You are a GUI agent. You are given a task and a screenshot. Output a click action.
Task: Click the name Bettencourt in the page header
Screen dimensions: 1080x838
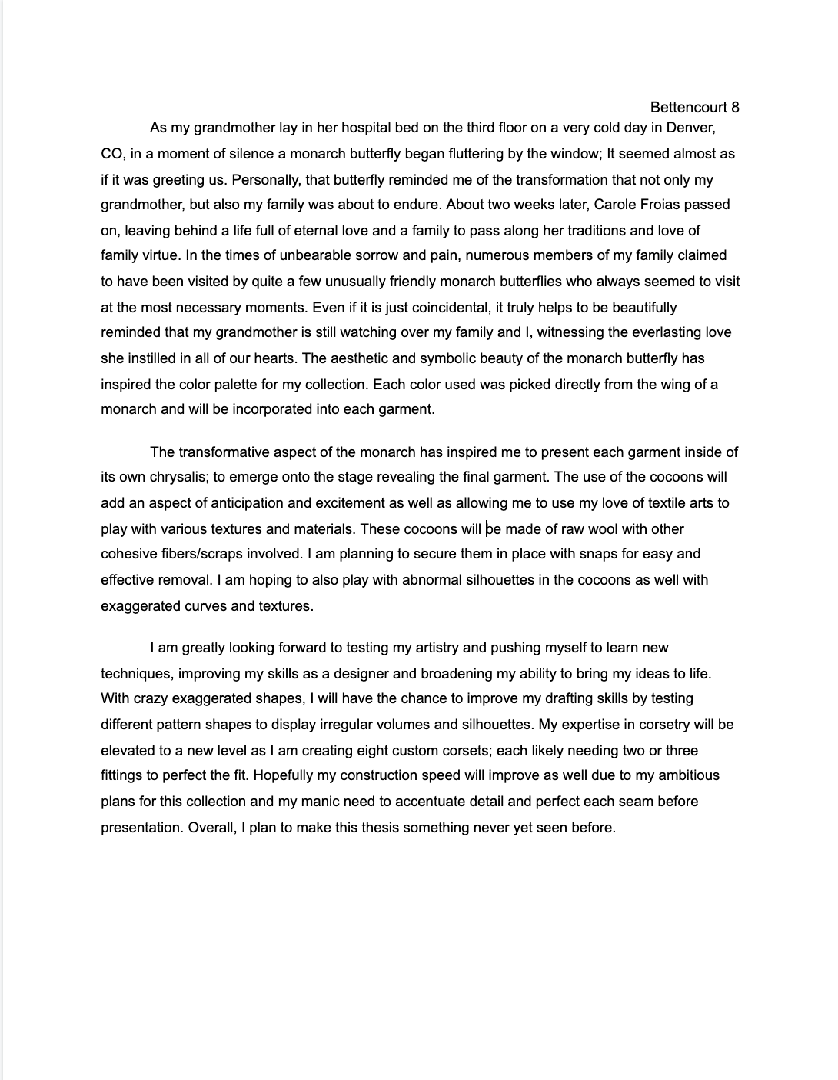[x=686, y=108]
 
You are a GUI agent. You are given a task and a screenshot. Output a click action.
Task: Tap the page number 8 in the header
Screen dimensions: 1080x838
[x=735, y=108]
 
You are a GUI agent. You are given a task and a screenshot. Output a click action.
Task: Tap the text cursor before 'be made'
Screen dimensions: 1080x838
[x=486, y=528]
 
